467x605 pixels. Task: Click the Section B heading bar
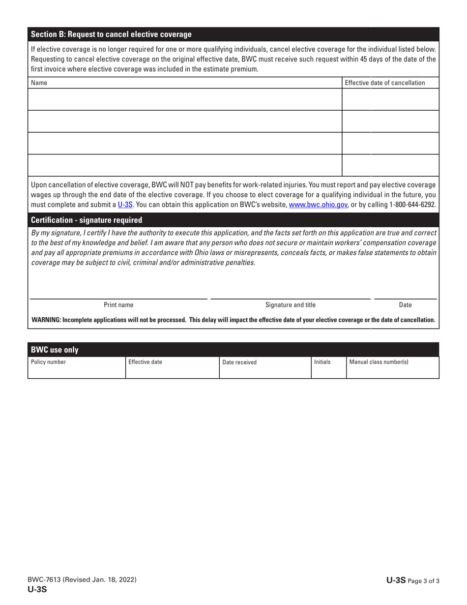click(x=111, y=34)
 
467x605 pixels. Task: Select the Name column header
click(x=39, y=83)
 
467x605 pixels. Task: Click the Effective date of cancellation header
click(x=385, y=83)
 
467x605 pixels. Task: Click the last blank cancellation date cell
click(x=389, y=165)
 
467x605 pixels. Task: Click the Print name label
click(x=118, y=305)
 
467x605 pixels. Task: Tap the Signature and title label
click(x=291, y=305)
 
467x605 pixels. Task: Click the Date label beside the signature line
click(x=406, y=305)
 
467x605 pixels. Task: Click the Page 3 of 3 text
click(x=423, y=580)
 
